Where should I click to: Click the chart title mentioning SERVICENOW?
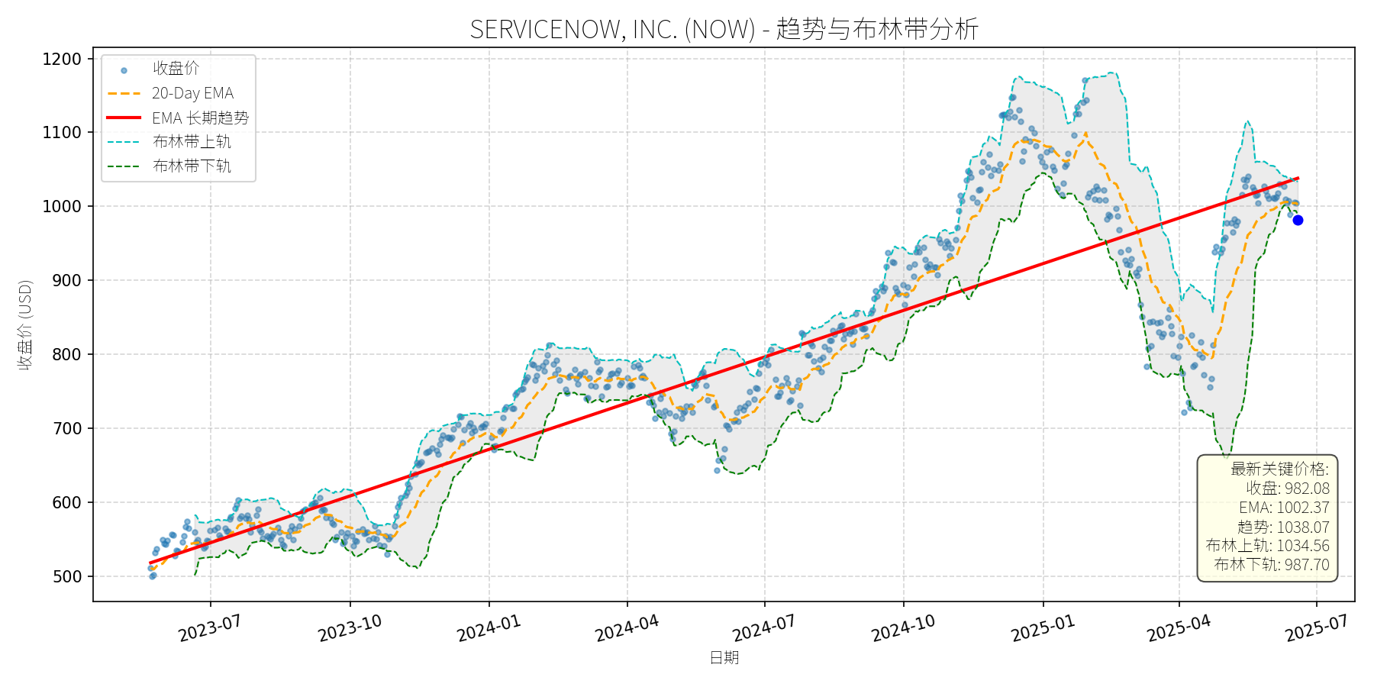[x=724, y=29]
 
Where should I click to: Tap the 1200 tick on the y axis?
[x=62, y=59]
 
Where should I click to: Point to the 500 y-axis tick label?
[x=66, y=577]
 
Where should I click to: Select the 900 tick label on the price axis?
[x=66, y=281]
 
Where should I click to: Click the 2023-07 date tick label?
[x=210, y=628]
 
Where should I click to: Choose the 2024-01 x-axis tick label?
[x=489, y=628]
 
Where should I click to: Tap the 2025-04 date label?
[x=1179, y=628]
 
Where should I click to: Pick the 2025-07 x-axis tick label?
[x=1316, y=628]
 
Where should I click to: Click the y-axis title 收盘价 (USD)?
[x=25, y=324]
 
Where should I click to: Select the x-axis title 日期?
[x=724, y=658]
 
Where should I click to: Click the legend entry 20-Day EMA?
[x=192, y=93]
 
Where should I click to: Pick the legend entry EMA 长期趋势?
[x=200, y=118]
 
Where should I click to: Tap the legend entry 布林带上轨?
[x=192, y=142]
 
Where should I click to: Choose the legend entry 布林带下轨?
[x=192, y=166]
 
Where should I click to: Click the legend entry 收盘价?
[x=176, y=69]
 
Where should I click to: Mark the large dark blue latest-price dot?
[x=1298, y=220]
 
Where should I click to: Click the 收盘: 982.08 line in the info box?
[x=1288, y=489]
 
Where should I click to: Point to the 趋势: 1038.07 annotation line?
[x=1283, y=527]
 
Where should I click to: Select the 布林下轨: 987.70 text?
[x=1272, y=565]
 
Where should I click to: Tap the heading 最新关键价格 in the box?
[x=1279, y=469]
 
